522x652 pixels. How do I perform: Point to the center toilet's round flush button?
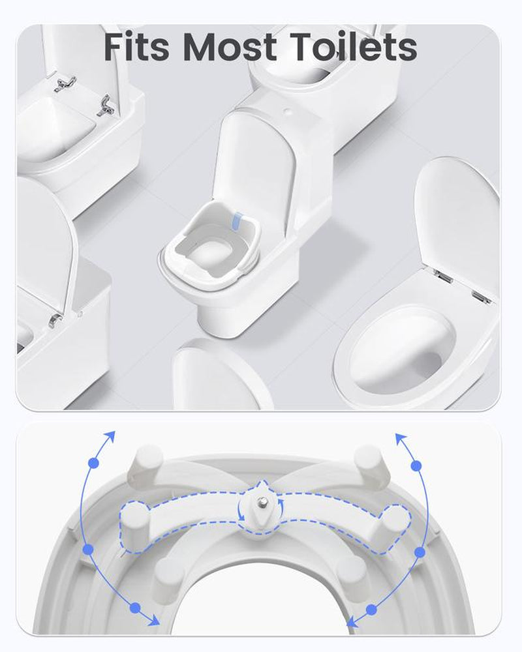(287, 111)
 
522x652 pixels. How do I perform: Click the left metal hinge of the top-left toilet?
(65, 83)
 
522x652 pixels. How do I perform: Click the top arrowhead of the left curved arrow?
(112, 435)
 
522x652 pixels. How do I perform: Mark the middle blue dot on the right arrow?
(420, 552)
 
